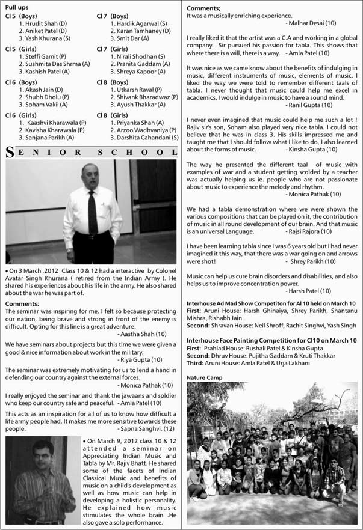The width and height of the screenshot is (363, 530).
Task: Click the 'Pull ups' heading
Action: pos(16,5)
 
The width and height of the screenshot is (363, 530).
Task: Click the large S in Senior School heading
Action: pos(9,153)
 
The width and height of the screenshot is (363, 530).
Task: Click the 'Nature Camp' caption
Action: pos(204,377)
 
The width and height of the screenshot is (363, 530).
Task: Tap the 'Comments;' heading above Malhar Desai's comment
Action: pos(203,7)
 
